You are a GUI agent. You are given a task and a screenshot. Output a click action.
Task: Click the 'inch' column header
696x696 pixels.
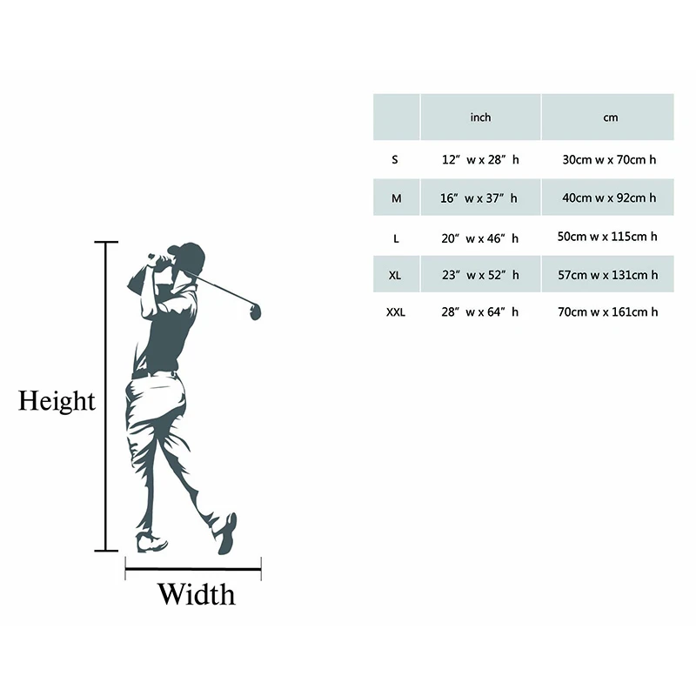(480, 117)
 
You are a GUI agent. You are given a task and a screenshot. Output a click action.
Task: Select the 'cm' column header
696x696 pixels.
(610, 117)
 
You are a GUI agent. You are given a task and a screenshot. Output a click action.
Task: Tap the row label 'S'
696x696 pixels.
(395, 160)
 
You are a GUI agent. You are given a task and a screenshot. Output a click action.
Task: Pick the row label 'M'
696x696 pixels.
(397, 198)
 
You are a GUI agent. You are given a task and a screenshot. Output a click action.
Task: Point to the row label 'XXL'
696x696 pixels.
(397, 311)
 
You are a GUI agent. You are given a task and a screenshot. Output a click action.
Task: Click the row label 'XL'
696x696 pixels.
(396, 275)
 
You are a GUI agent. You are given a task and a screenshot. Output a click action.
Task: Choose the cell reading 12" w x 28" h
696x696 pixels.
(479, 160)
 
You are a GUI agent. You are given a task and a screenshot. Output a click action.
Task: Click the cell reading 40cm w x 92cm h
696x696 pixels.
(609, 198)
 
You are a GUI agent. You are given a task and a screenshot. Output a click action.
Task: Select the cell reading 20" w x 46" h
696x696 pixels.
(479, 237)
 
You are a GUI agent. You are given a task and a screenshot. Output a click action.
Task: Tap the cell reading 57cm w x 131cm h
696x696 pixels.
(609, 275)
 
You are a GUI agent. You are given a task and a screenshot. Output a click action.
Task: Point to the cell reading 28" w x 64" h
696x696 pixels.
(479, 311)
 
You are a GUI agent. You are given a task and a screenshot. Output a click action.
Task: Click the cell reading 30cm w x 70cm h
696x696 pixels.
(609, 160)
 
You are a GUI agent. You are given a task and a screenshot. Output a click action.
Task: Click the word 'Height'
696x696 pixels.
(57, 401)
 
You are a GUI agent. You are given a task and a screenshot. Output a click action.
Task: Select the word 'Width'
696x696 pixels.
(196, 595)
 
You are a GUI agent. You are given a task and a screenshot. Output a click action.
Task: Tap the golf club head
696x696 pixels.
(256, 311)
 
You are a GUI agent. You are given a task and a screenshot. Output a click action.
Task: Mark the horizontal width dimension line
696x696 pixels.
(193, 570)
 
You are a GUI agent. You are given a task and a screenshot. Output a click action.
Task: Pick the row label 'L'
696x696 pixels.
(396, 237)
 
